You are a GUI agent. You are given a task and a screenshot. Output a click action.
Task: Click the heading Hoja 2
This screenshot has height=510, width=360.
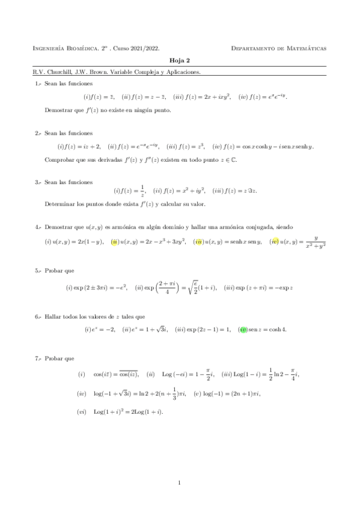(180, 61)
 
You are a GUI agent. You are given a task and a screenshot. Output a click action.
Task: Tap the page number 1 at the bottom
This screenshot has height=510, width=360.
(180, 482)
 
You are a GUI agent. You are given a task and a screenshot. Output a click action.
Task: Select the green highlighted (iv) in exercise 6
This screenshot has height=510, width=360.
(243, 329)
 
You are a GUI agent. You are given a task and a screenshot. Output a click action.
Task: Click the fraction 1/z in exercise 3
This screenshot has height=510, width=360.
(142, 191)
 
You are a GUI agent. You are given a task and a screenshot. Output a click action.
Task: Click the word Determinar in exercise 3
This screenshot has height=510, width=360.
(59, 204)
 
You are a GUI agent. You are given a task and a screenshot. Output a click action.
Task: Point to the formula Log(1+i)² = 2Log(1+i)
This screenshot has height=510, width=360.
(128, 412)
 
